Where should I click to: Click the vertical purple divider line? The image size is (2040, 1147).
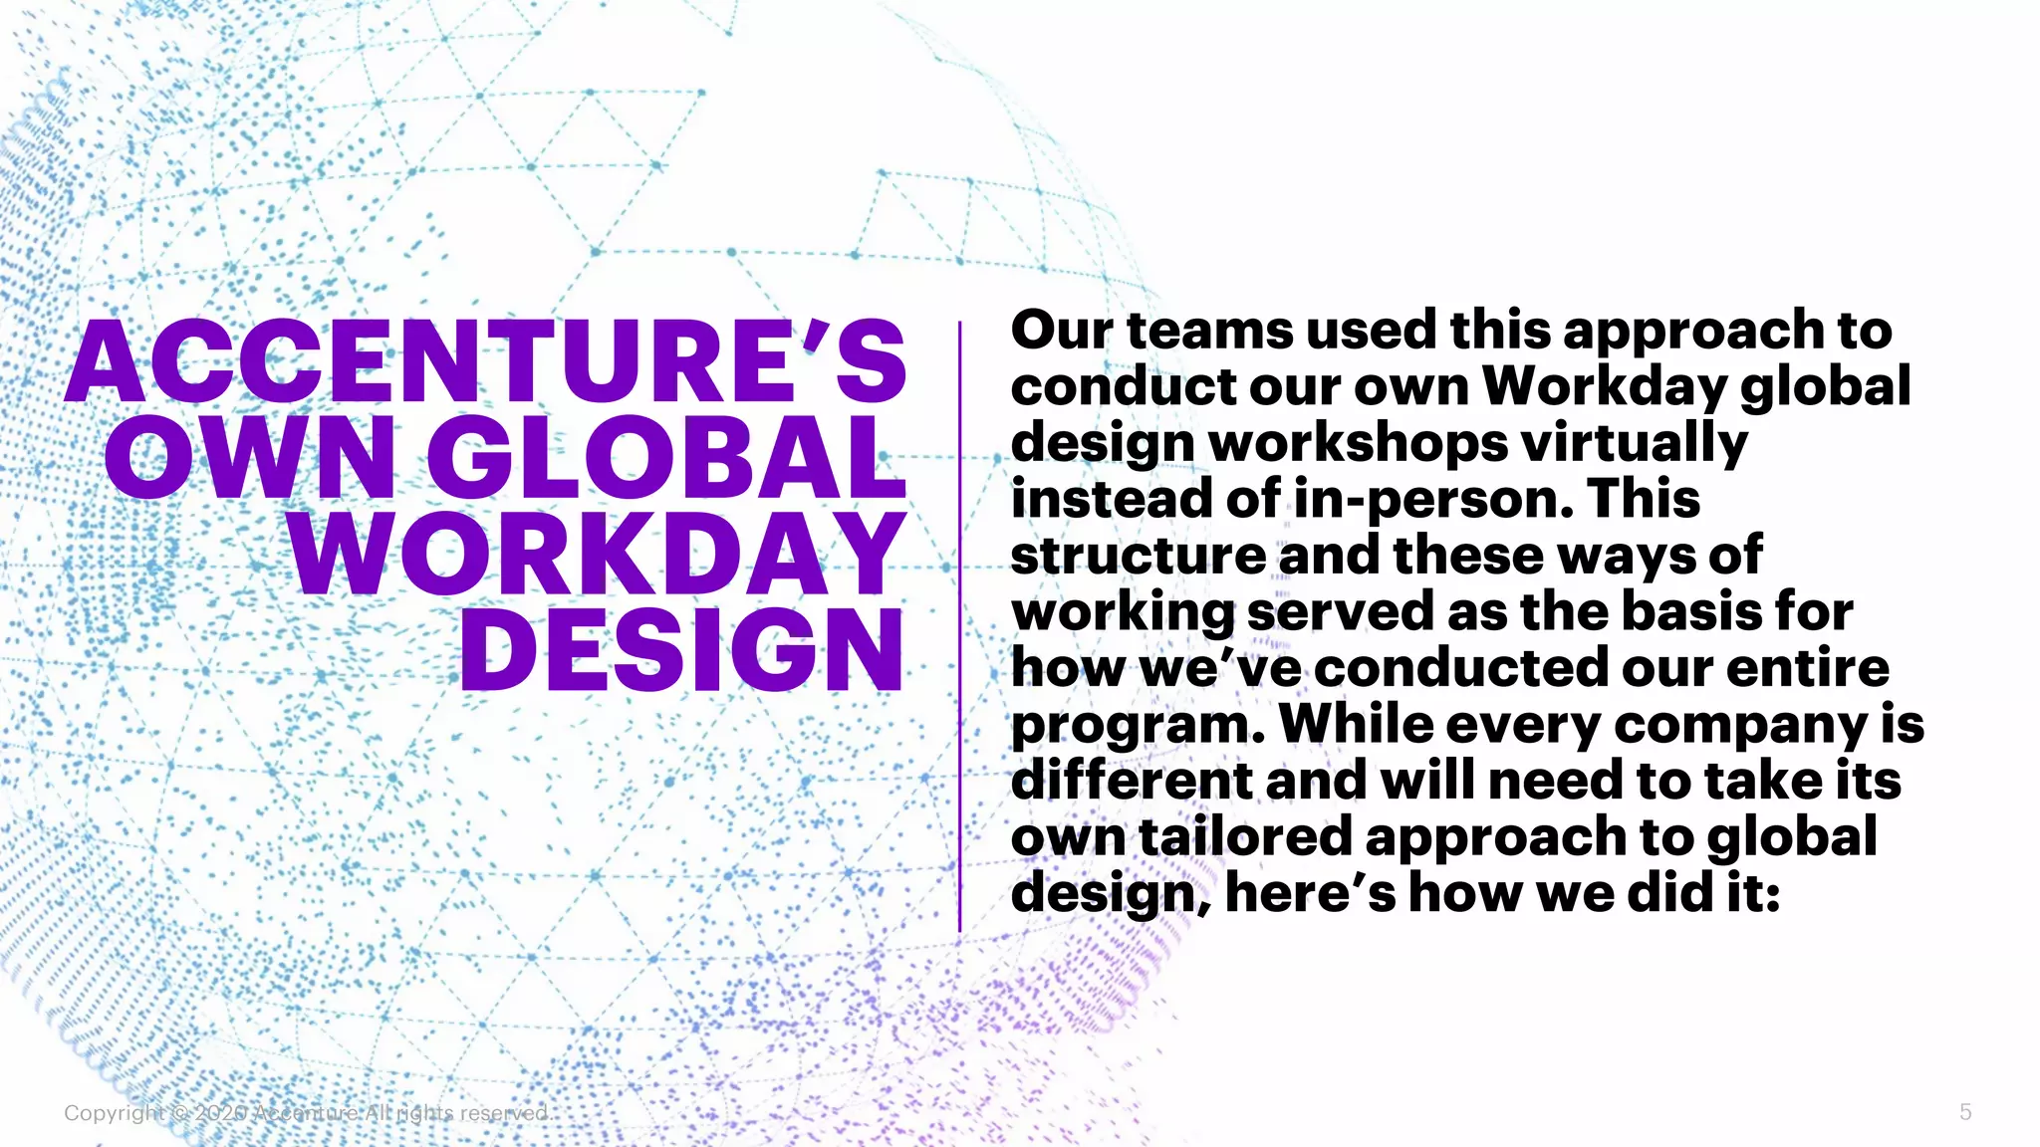pyautogui.click(x=959, y=627)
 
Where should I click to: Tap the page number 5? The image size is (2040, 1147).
pyautogui.click(x=1965, y=1112)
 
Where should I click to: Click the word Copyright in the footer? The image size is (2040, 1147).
pyautogui.click(x=114, y=1113)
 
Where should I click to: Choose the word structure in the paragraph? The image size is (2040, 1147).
pyautogui.click(x=1138, y=555)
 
